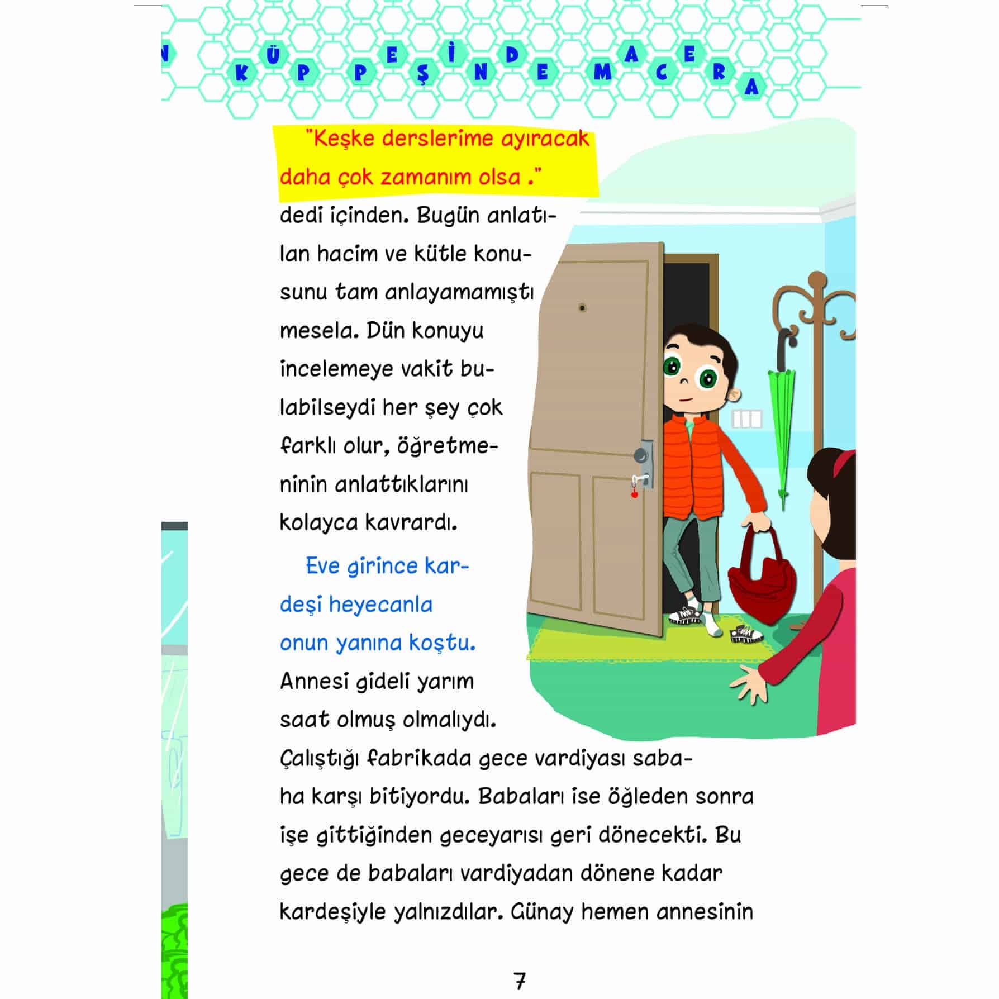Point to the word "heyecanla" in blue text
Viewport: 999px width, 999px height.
(x=380, y=605)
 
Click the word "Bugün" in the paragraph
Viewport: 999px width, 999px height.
(x=448, y=215)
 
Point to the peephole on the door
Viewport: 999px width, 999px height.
(x=582, y=307)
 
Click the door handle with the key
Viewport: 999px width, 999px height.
(x=643, y=477)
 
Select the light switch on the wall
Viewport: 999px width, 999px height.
(x=746, y=419)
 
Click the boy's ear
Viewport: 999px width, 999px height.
(x=736, y=394)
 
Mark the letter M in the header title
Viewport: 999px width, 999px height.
(x=602, y=73)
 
